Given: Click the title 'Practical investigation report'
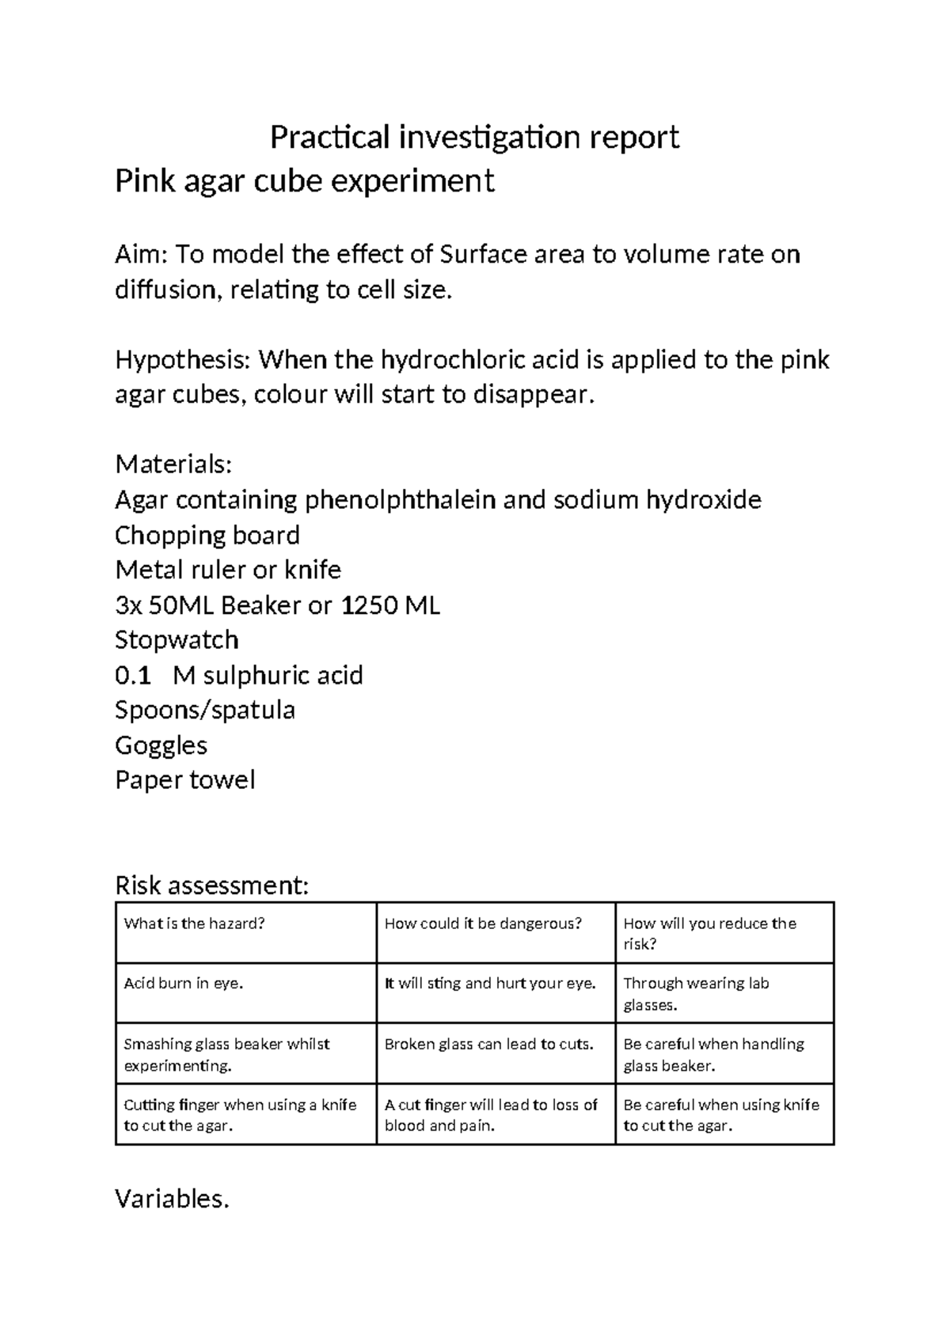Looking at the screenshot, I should tap(474, 138).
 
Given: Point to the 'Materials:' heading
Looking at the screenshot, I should tap(173, 464).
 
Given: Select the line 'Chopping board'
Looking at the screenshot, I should tap(207, 536).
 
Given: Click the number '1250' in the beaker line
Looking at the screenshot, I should tap(368, 606).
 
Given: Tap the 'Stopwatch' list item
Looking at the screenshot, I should tap(177, 640).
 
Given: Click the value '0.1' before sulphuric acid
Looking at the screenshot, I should tap(132, 676).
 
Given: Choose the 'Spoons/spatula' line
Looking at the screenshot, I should tap(204, 710).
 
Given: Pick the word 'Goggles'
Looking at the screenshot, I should tap(161, 745).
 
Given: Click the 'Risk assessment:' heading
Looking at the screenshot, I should tap(211, 885).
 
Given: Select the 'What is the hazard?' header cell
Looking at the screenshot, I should tap(193, 923).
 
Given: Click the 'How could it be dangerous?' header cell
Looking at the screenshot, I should tap(483, 923).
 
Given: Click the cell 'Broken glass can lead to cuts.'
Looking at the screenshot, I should tap(488, 1044).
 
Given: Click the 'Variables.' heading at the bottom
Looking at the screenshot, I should tap(172, 1199).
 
